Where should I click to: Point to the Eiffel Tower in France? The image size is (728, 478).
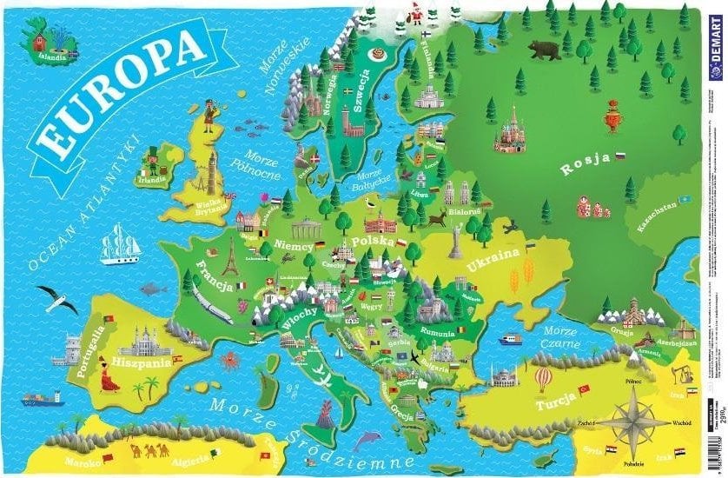point(230,257)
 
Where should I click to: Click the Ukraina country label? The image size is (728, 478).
point(493,261)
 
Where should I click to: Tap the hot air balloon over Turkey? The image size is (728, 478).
point(542,378)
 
